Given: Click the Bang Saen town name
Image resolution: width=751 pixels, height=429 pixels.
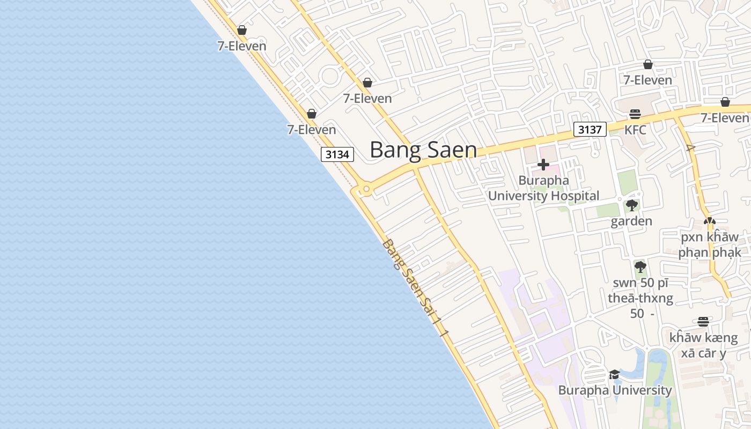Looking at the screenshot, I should coord(423,150).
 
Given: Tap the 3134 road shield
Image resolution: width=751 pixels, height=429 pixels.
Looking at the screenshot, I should coord(337,154).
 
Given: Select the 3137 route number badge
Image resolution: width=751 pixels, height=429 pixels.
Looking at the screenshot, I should coord(590,129).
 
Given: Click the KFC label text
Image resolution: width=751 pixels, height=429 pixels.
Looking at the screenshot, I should coord(635,130).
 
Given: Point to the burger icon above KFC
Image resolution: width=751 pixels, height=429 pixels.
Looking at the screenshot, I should coord(635,114).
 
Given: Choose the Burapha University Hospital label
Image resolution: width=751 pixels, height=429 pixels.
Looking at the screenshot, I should coord(543,188).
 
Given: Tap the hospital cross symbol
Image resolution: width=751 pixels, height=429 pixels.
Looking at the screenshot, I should coord(543,165).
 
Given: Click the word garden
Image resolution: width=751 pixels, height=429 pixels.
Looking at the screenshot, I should coord(631,221).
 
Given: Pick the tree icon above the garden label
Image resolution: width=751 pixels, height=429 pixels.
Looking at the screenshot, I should coord(631,205).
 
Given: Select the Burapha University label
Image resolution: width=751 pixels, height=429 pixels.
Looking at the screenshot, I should coord(615,390).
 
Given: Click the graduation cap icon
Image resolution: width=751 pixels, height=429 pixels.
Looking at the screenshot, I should coord(615,374).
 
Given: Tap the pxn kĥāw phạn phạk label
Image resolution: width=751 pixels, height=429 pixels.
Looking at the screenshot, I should coord(710,245).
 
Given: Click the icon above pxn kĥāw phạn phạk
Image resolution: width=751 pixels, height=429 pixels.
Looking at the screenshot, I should coord(710,220).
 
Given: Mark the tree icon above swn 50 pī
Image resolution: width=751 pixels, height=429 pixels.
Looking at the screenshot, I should coord(640,267).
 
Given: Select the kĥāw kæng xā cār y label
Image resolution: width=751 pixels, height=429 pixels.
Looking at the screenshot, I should coord(703,345).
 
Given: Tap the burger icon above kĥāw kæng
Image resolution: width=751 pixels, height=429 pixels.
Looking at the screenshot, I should coord(703,322).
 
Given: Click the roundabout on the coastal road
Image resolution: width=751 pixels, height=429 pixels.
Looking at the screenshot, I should coord(366,189).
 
